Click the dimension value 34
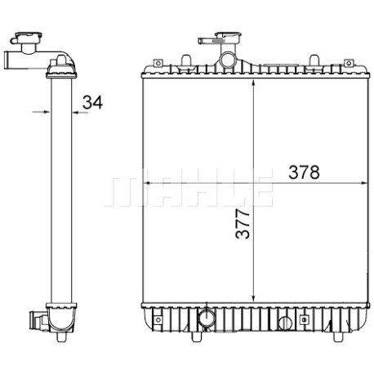point(92,102)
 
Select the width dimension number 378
point(304,172)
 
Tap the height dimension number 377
point(243,224)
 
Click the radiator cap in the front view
point(228,38)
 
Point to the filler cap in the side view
point(29,38)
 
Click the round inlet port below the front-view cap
point(227,60)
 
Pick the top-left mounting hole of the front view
point(158,63)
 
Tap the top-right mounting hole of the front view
point(348,64)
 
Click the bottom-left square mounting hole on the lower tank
point(158,319)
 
